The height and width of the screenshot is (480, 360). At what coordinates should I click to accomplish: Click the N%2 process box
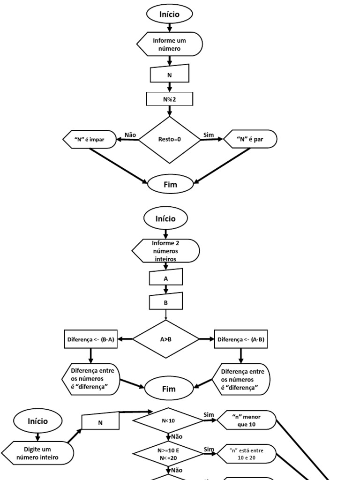click(x=170, y=99)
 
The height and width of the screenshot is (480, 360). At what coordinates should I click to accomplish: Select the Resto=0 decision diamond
click(x=170, y=139)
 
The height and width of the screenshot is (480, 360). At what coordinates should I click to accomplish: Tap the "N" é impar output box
click(x=90, y=139)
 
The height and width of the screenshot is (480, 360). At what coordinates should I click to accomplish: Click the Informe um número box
click(x=170, y=45)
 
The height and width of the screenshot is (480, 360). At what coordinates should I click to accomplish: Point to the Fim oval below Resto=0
click(x=171, y=184)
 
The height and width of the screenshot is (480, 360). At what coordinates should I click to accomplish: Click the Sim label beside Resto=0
click(x=209, y=135)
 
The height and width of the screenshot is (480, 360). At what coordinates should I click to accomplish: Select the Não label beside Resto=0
click(x=130, y=135)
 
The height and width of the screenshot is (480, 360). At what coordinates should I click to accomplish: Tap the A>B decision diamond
click(x=166, y=339)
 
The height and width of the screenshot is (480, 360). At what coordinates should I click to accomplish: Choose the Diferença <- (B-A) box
click(x=90, y=339)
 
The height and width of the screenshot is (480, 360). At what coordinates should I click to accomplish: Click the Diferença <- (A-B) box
click(x=241, y=339)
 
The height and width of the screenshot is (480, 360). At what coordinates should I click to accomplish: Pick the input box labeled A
click(x=165, y=278)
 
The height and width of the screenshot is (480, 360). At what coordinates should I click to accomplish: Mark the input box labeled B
click(x=165, y=302)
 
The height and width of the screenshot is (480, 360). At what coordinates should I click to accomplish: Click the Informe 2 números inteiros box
click(x=165, y=251)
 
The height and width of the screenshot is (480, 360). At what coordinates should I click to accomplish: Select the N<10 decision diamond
click(x=168, y=420)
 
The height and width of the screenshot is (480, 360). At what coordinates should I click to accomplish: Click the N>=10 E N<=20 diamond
click(x=168, y=453)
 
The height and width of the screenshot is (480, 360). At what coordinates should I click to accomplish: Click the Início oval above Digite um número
click(x=37, y=421)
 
